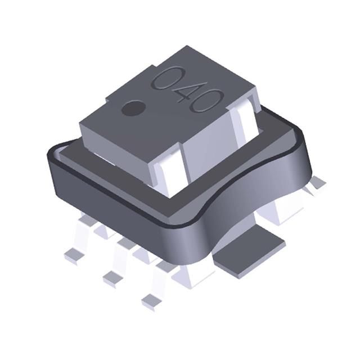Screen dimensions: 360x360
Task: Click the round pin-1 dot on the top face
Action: pyautogui.click(x=133, y=107)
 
